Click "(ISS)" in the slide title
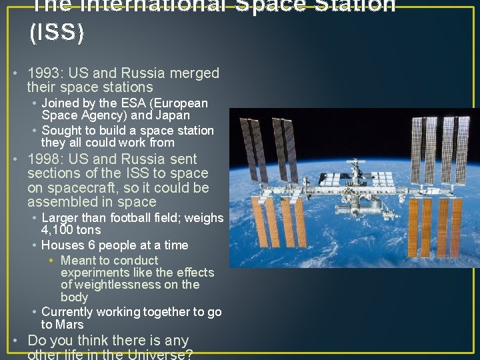tap(57, 33)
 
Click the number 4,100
tap(59, 230)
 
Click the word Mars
tap(70, 325)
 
